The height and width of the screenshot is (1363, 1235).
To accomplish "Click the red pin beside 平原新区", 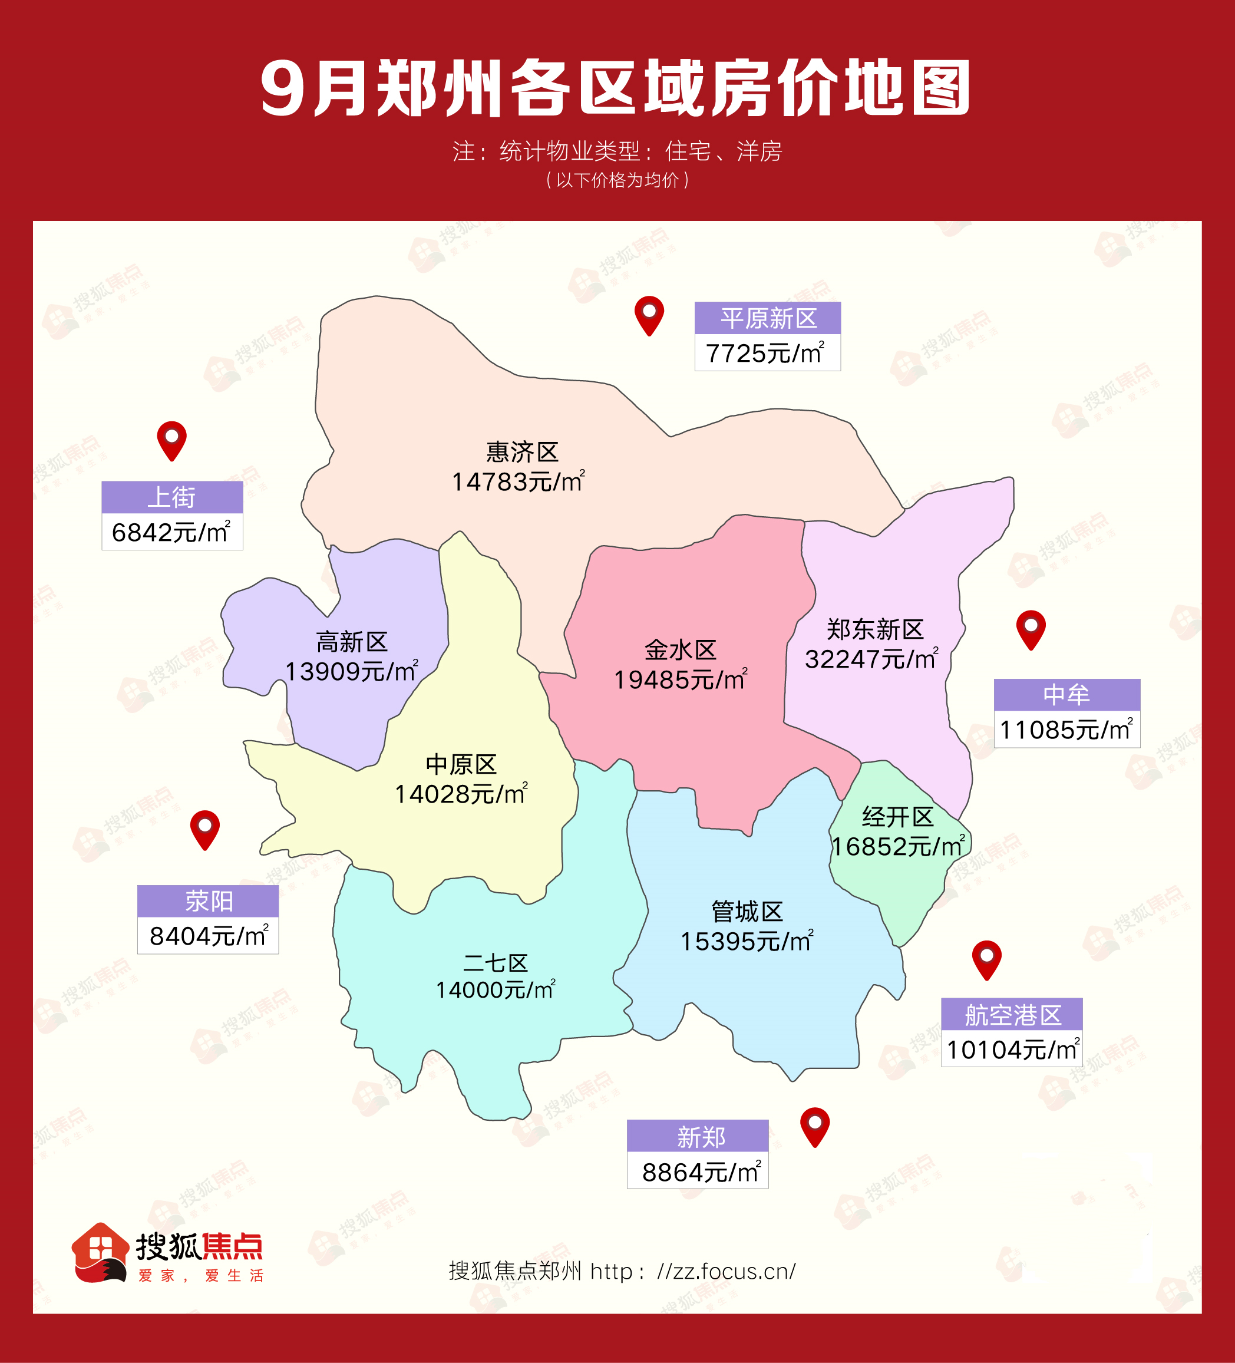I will point(649,315).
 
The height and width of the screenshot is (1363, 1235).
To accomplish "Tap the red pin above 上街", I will point(171,440).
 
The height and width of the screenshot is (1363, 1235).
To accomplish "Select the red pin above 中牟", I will point(1031,628).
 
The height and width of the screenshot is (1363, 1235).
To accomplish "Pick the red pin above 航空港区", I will point(986,958).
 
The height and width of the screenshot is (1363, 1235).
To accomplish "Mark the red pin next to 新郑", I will point(814,1126).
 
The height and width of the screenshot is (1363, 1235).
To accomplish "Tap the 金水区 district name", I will point(680,651).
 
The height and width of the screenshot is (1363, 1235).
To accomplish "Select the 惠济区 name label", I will point(522,451).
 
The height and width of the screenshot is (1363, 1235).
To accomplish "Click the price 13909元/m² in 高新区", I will point(351,671).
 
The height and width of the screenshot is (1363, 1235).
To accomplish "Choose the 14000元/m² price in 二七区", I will point(495,990).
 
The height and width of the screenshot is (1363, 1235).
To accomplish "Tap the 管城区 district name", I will point(747,912).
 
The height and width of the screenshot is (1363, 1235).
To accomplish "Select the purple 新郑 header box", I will point(698,1137).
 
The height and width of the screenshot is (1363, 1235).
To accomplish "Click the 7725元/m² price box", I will point(767,353).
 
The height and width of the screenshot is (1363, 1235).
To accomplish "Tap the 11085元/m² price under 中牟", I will point(1066,730).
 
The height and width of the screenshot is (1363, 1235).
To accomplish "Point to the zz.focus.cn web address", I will point(726,1272).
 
